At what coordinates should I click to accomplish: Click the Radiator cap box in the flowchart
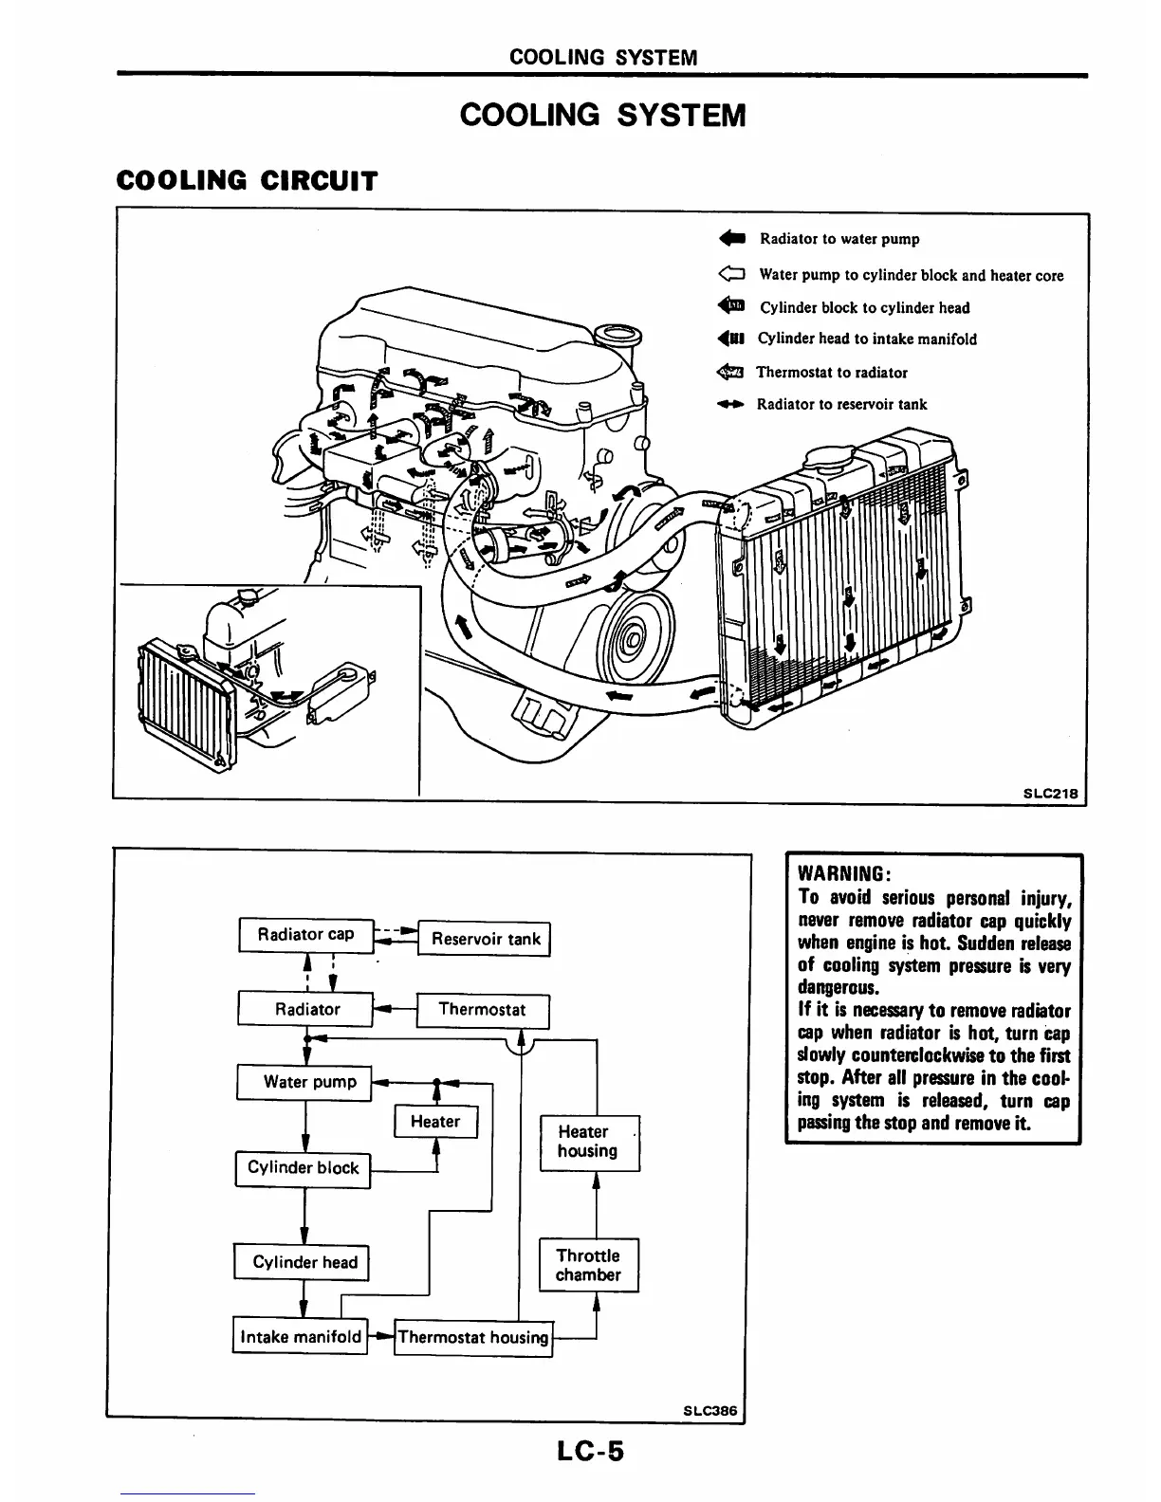[305, 935]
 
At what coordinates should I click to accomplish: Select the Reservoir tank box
[484, 940]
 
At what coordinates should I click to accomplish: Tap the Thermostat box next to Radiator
[482, 1010]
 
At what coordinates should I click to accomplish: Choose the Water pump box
[304, 1082]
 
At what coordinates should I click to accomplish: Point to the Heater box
[435, 1122]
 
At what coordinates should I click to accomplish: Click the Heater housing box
[588, 1142]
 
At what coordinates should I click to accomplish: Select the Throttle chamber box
[588, 1265]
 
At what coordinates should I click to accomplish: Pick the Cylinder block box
[303, 1168]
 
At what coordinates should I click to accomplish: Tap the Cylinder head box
[303, 1263]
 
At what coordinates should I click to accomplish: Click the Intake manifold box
[301, 1337]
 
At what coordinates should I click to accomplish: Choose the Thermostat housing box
[473, 1338]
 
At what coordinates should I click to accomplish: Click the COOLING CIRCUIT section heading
[246, 180]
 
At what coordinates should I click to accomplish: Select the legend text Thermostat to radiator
[831, 373]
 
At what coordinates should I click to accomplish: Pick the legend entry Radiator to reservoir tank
[841, 405]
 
